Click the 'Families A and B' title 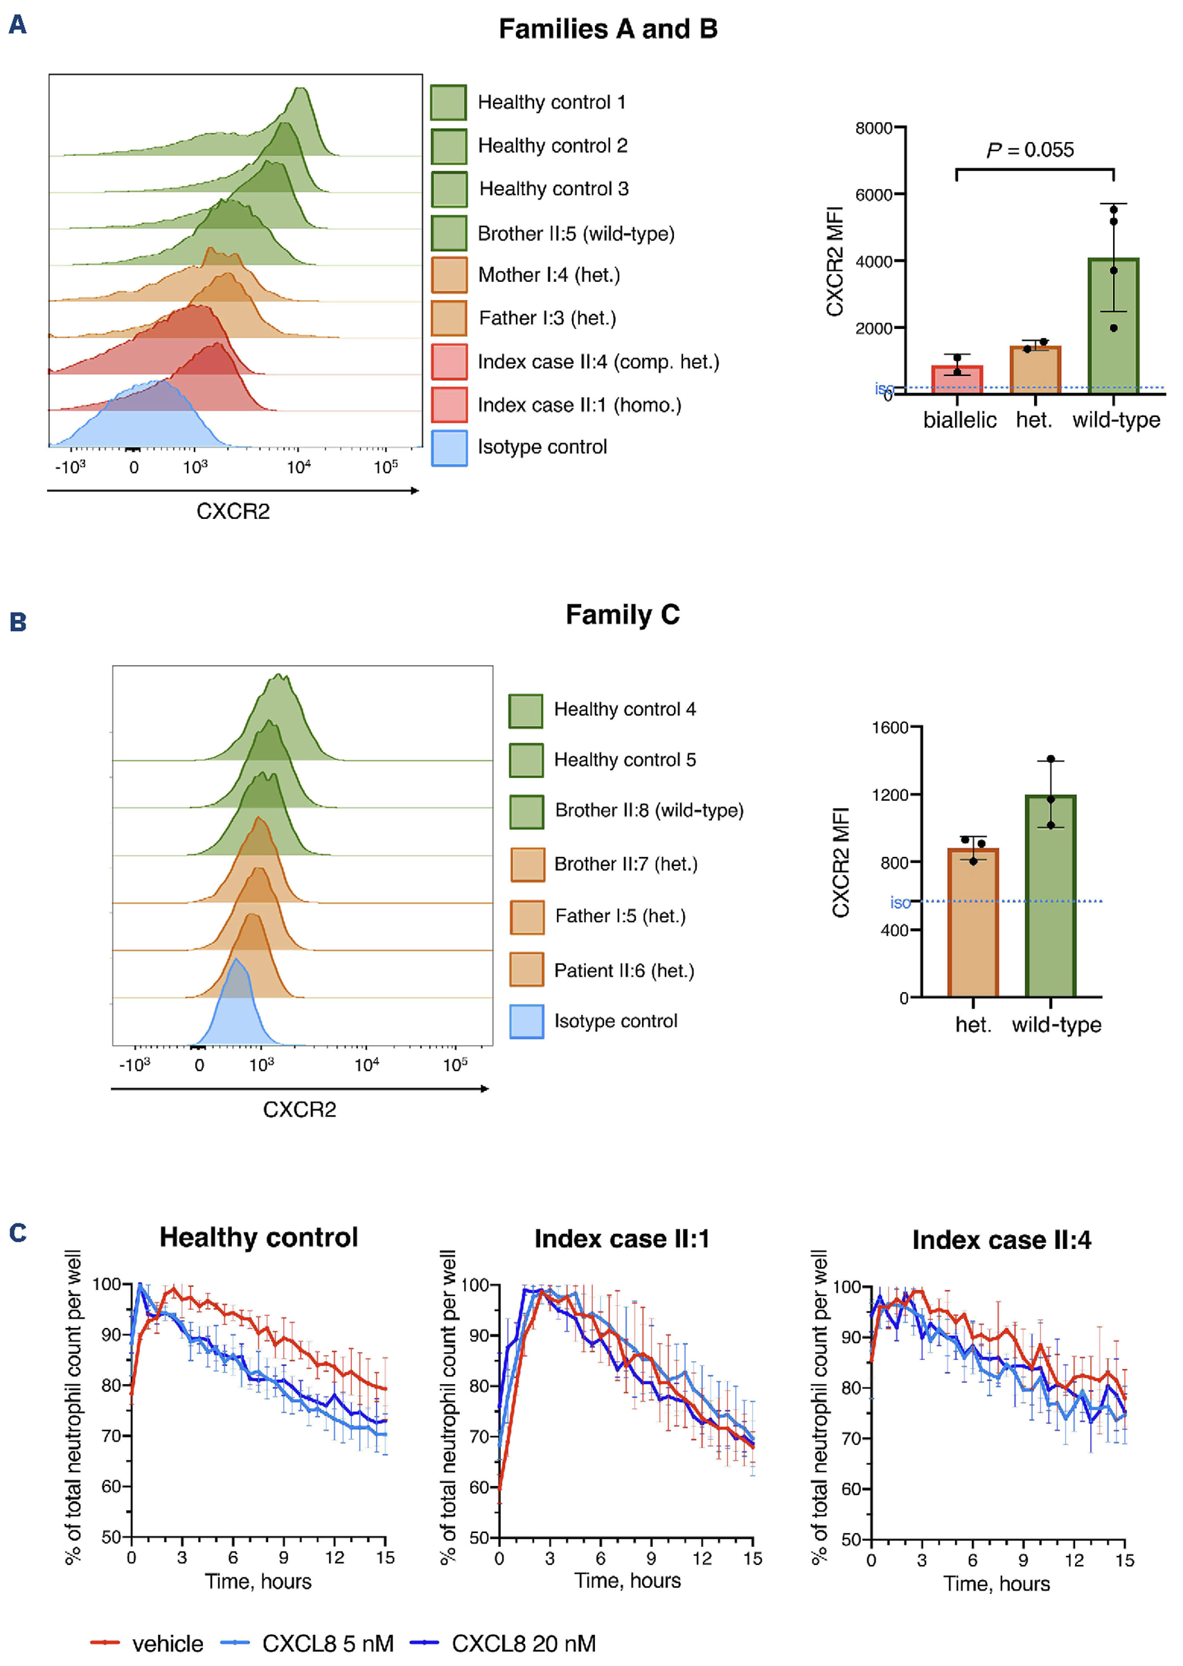pos(607,29)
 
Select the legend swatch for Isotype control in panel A pos(449,447)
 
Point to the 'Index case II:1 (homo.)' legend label pos(579,405)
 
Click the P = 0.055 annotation pos(1029,150)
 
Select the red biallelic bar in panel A pos(957,380)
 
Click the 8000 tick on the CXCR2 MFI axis pos(873,128)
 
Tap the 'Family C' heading pos(622,614)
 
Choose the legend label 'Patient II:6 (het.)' pos(623,971)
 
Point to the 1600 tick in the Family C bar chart pos(889,727)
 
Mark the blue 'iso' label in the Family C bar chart pos(900,903)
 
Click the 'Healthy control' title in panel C pos(258,1238)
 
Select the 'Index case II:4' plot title pos(1001,1240)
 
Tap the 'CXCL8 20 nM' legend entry pos(523,1643)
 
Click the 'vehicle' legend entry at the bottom pos(167,1643)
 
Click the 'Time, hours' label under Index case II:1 pos(628,1580)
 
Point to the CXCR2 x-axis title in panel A pos(233,511)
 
